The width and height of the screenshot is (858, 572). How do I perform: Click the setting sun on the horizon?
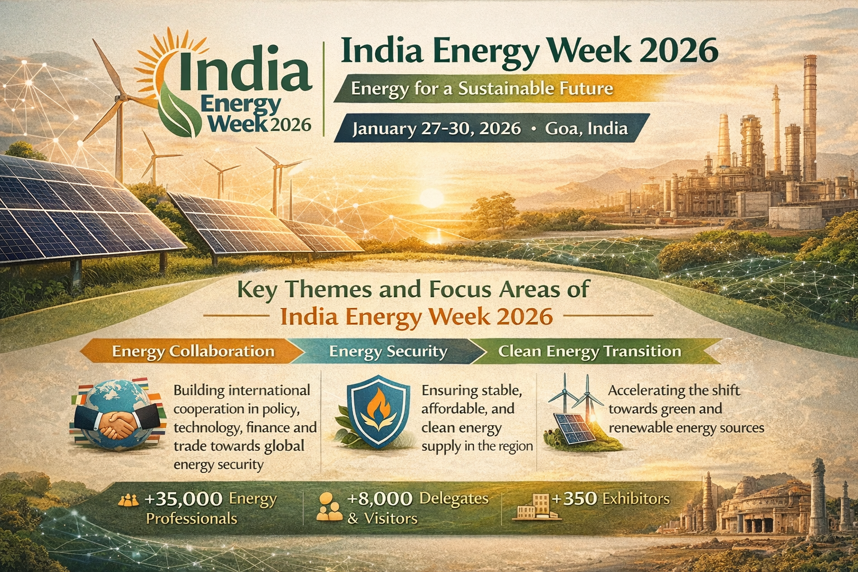click(432, 198)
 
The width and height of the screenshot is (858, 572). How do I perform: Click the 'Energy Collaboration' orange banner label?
click(193, 351)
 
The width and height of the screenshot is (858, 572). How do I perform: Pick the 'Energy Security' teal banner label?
click(388, 351)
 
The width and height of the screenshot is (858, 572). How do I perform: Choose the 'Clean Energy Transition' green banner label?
click(589, 351)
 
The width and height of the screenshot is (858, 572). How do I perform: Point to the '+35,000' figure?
click(183, 499)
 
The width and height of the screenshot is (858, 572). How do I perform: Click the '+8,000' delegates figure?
click(380, 499)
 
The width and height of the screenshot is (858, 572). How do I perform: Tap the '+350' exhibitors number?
click(575, 499)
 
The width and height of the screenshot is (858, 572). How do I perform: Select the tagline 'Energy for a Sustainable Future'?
click(482, 89)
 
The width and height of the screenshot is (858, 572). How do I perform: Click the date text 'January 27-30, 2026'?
click(437, 128)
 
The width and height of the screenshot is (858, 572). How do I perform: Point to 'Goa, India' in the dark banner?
click(587, 128)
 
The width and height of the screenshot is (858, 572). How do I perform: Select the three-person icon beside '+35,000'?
click(128, 500)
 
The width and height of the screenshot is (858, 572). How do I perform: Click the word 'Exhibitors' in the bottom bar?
click(636, 499)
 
